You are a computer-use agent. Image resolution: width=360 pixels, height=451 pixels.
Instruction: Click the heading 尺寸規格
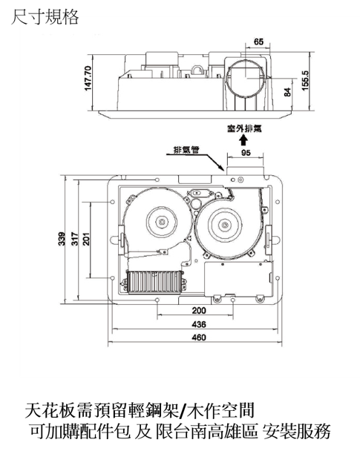tap(45, 17)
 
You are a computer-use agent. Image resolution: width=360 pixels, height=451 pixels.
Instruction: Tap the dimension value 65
tap(258, 42)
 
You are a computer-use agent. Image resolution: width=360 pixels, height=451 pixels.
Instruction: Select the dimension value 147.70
tap(88, 78)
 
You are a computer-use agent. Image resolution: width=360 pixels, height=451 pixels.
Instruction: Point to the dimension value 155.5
tap(305, 81)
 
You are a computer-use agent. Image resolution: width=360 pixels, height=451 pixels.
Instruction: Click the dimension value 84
tap(287, 92)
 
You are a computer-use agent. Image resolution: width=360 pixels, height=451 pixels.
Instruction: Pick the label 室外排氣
tap(244, 128)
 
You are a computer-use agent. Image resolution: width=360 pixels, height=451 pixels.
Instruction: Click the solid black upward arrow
tap(243, 140)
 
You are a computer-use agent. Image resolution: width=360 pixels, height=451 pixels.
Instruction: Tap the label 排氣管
tap(186, 150)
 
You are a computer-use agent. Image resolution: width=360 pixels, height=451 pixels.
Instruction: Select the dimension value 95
tap(246, 153)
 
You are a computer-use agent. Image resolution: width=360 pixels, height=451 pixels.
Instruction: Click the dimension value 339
tap(62, 239)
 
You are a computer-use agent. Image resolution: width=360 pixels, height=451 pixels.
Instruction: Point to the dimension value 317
tap(75, 239)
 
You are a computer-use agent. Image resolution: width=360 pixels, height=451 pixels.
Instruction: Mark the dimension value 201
tap(86, 239)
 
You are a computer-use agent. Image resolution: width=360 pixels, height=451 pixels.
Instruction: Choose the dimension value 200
tap(199, 310)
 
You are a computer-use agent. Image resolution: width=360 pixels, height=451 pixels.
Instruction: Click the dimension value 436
tap(199, 324)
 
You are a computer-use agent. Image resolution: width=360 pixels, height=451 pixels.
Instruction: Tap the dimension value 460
tap(199, 337)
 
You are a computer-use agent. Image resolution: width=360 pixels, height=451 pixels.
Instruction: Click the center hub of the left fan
tap(161, 222)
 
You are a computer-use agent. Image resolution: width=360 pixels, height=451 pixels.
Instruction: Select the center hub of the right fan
tap(224, 224)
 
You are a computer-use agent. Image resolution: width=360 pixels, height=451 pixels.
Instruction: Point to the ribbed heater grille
tap(154, 282)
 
